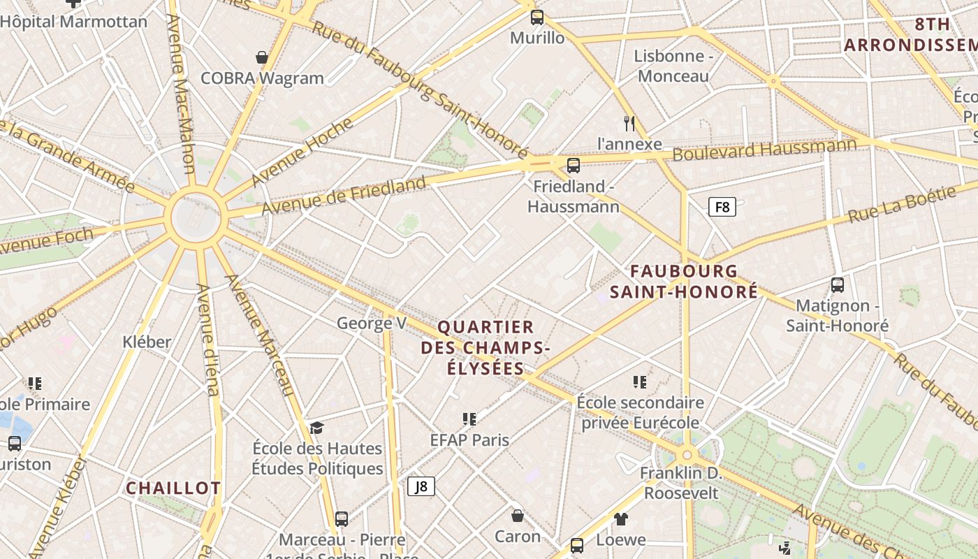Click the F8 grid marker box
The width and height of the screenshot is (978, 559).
coord(722,207)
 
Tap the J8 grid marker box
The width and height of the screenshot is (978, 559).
coord(421,486)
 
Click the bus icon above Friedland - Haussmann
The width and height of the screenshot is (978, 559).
coord(574,166)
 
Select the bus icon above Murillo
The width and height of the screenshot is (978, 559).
coord(537,17)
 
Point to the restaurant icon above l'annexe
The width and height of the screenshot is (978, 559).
coord(629,124)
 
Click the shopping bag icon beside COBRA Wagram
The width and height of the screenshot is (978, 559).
coord(262,57)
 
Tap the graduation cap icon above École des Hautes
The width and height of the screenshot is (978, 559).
coord(317,428)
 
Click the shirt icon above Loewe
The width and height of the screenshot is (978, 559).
coord(621,519)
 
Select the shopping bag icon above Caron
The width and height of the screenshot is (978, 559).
coord(518,516)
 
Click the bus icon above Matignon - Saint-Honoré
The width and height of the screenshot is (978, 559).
coord(838,285)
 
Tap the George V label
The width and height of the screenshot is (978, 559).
coord(371,323)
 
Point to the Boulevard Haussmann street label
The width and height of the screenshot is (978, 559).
coord(764,150)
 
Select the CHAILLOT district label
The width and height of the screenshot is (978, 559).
coord(173,488)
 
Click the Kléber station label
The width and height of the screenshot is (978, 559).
coord(147,342)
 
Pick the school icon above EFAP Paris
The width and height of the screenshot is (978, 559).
coord(469,419)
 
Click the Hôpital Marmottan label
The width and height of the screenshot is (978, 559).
coord(74,22)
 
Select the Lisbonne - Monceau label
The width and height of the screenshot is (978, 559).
coord(673,66)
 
